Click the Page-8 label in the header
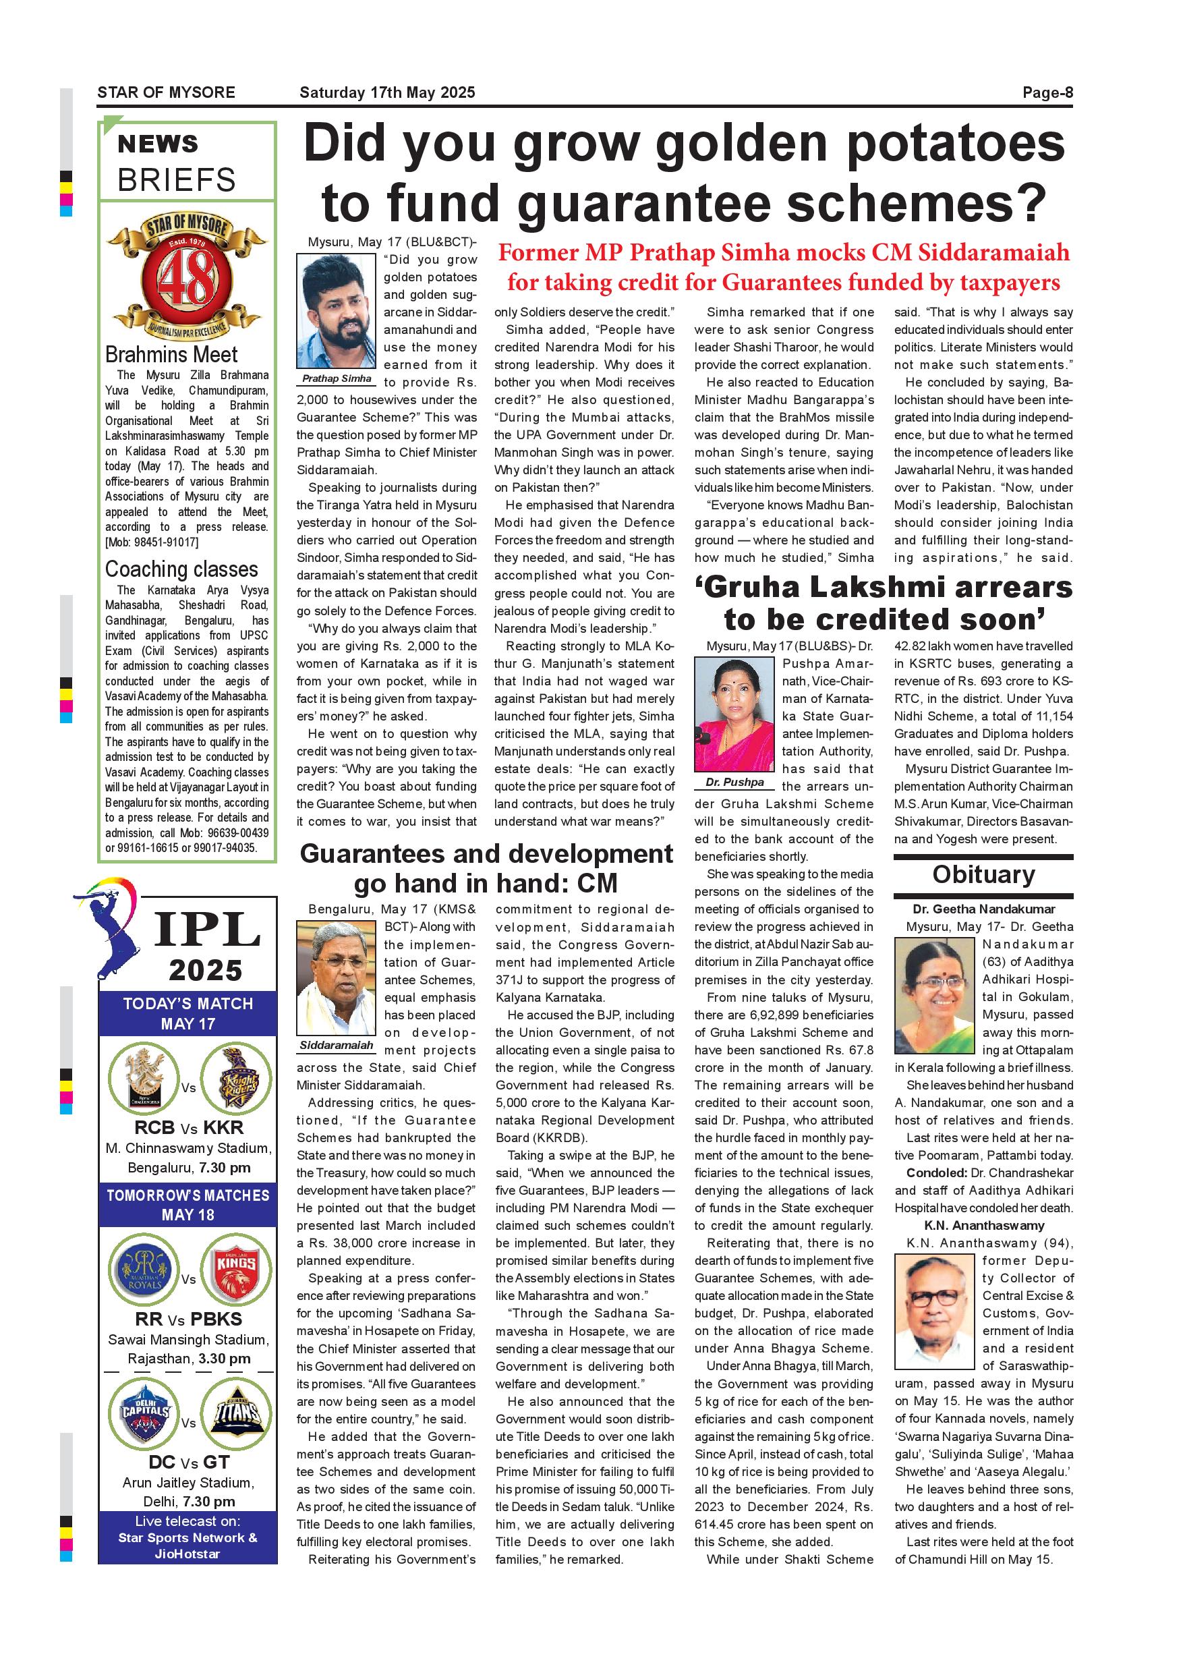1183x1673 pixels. coord(1047,92)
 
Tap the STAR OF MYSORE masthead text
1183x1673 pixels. coord(166,92)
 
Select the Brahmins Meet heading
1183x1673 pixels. coord(171,355)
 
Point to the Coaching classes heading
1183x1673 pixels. coord(181,569)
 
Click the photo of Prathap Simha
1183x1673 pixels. coord(336,310)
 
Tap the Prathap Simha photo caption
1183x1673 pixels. coord(337,379)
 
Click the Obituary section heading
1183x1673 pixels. coord(983,874)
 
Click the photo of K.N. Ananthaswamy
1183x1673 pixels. coord(935,1312)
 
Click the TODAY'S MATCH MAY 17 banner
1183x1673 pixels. coord(188,1013)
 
